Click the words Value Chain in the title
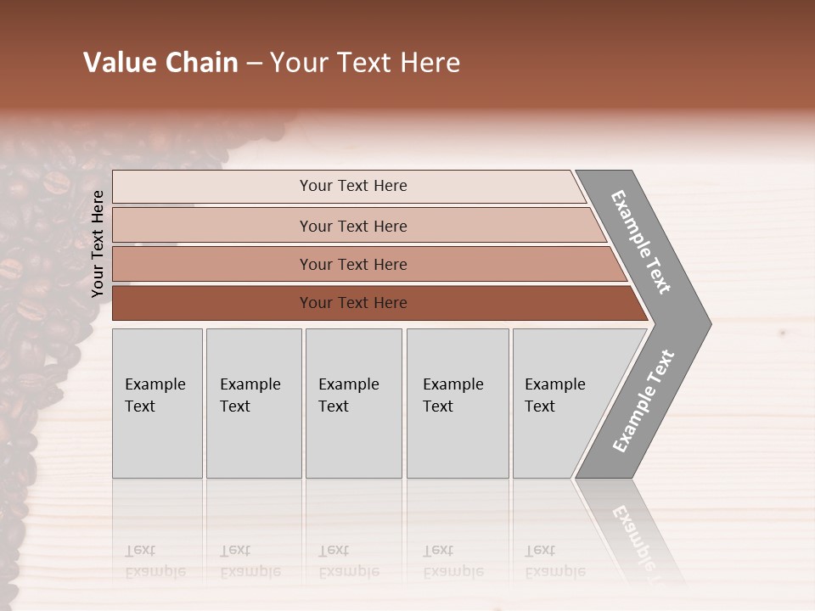coord(160,63)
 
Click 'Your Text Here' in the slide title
coord(365,63)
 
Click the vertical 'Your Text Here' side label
coord(98,244)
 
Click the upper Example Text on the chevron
coord(641,242)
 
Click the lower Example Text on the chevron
coord(643,401)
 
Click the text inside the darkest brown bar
coord(353,303)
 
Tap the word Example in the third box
coord(349,384)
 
